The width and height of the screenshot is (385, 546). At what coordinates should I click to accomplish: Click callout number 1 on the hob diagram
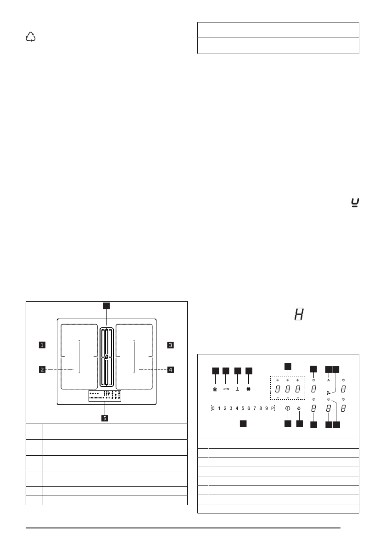point(42,345)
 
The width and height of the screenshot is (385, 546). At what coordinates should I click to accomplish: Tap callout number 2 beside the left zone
point(42,369)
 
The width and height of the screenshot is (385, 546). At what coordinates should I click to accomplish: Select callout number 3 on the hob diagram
point(170,345)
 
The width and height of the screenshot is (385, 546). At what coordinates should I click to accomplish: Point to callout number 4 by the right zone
point(170,369)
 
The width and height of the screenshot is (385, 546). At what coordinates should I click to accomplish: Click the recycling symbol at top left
point(31,38)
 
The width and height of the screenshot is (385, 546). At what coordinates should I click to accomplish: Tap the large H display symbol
point(299,315)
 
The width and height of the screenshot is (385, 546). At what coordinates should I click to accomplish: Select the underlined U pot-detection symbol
point(354,201)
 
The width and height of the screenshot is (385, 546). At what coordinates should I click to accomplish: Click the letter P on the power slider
point(272,408)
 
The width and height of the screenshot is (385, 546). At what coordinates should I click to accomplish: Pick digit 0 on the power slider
point(213,408)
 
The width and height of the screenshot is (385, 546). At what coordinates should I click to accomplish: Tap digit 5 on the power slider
point(243,408)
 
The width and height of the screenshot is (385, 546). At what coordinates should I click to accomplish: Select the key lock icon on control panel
point(226,389)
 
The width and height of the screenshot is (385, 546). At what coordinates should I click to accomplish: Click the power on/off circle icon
point(288,408)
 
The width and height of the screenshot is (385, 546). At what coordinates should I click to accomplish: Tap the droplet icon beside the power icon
point(299,408)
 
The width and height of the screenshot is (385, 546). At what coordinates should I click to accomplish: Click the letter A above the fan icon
point(329,380)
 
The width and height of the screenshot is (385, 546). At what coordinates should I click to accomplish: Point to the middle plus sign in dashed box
point(288,380)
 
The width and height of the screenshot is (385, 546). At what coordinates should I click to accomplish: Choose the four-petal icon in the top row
point(249,389)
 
